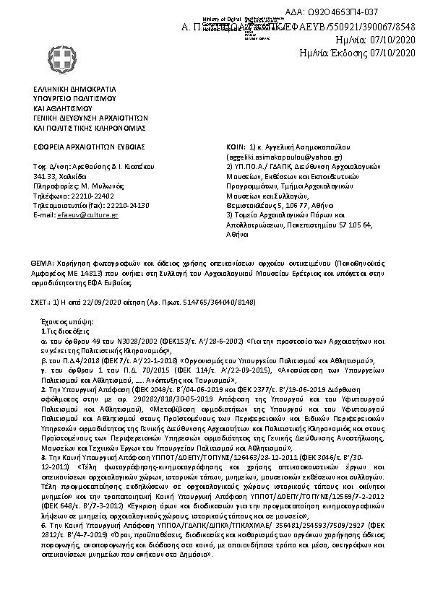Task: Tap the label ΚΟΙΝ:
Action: point(236,146)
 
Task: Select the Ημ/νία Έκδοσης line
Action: point(358,53)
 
